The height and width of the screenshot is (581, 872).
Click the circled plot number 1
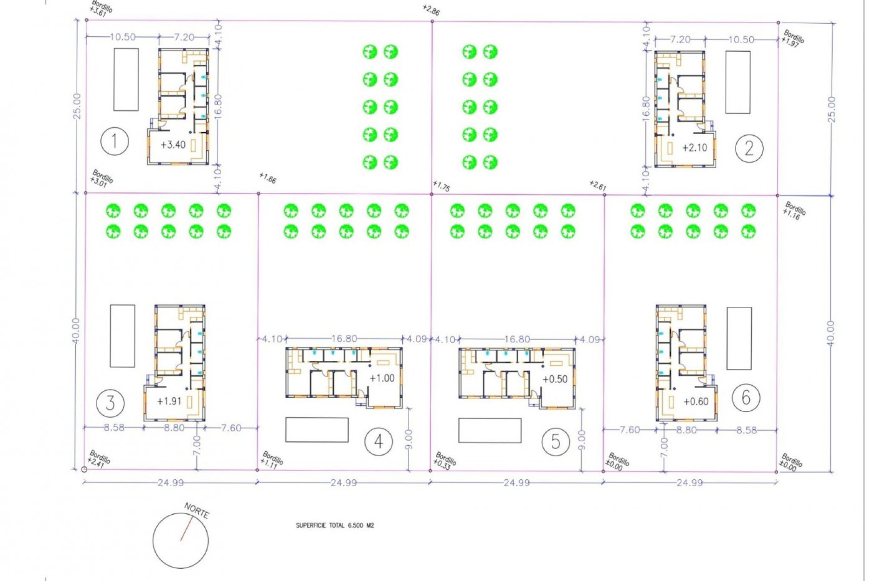pos(114,142)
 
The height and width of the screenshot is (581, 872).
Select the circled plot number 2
pos(749,148)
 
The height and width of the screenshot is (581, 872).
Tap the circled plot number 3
pos(110,403)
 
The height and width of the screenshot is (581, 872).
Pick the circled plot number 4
pos(378,441)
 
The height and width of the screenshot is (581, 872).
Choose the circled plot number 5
pos(555,441)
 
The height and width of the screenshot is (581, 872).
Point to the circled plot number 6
pos(746,398)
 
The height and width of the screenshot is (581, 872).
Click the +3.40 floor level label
pos(173,145)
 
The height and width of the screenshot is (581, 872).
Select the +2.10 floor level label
pos(694,148)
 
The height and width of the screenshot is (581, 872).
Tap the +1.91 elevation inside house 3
pos(169,401)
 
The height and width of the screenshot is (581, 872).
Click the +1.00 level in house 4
pos(382,378)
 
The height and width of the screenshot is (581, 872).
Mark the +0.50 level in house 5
pos(555,379)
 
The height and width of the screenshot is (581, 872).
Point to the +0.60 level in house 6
pos(696,401)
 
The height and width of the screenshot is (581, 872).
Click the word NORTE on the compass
pos(197,511)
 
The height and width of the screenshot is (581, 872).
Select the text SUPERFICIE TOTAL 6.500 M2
pos(335,526)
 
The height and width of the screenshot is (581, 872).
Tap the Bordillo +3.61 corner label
pos(101,8)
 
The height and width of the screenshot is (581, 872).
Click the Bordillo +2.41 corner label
pos(99,458)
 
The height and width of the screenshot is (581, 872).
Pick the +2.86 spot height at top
pos(431,10)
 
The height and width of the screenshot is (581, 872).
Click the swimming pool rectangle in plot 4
pos(317,429)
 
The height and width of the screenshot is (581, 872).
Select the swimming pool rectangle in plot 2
pos(738,82)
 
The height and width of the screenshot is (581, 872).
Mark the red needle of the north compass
pos(186,529)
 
